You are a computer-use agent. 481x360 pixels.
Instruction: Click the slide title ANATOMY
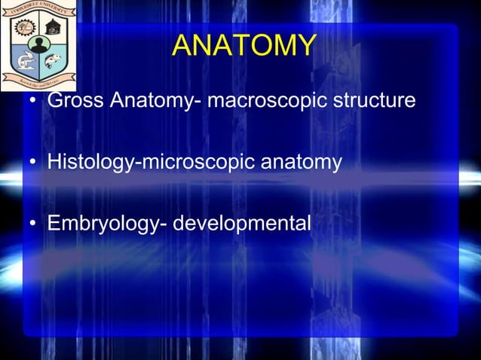click(243, 46)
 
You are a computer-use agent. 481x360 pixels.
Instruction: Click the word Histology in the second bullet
click(89, 162)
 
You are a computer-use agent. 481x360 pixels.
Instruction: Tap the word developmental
click(242, 224)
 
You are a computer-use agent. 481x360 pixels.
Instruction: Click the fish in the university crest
click(54, 59)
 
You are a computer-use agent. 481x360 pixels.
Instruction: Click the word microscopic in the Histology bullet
click(197, 162)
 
